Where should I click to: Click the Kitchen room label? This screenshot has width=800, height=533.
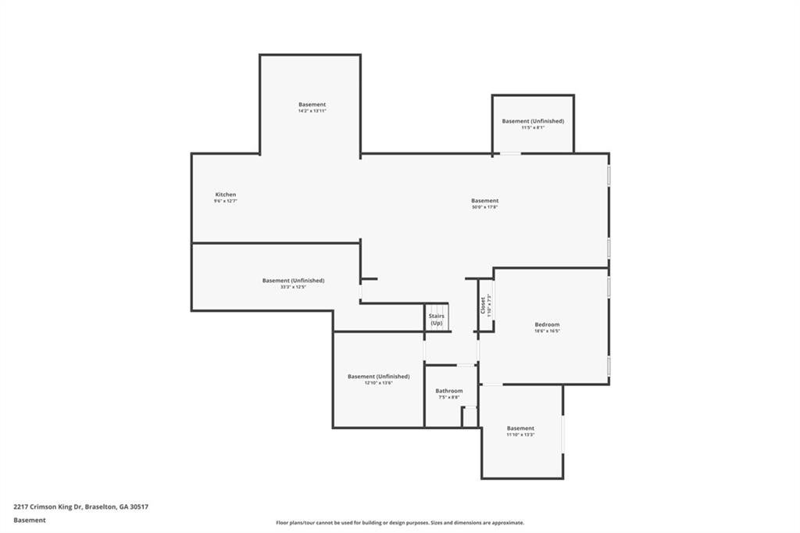225,195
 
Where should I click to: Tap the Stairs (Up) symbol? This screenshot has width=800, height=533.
436,319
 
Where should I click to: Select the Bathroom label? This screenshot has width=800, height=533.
449,391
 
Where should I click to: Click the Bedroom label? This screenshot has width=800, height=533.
547,324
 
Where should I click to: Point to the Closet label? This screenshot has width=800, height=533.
484,304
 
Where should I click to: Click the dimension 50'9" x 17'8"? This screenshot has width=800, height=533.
484,208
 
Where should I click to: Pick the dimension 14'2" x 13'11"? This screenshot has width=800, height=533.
312,111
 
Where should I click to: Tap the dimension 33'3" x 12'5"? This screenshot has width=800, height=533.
293,287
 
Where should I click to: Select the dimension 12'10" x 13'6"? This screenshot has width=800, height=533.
378,383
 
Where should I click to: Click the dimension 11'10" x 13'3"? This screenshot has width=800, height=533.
520,435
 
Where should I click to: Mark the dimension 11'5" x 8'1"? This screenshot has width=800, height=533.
533,127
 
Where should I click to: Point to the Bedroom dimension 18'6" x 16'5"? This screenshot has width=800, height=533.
547,331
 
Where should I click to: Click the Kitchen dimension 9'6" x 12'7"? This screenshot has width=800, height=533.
225,202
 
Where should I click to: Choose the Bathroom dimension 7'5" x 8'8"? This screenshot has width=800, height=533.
449,398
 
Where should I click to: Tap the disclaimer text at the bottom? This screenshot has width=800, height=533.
399,523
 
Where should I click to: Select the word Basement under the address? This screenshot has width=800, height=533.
29,520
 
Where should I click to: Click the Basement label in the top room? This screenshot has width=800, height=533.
312,104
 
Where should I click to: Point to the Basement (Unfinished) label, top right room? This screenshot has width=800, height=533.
533,121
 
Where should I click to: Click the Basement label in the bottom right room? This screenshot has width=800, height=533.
520,427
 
